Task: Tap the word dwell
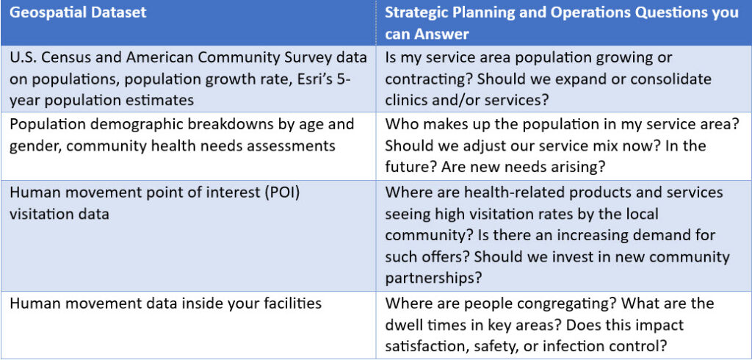coord(406,325)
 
